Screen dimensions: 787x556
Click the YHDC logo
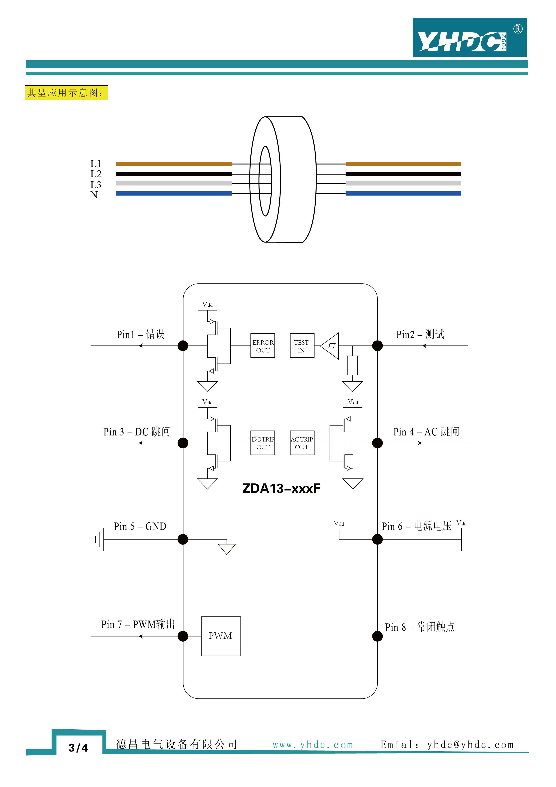coord(469,38)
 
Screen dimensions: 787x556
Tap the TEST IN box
coord(302,345)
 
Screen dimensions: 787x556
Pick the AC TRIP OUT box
coord(302,443)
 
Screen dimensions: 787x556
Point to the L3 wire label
coord(96,185)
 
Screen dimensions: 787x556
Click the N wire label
coord(94,195)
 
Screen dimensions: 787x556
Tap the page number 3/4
coord(78,748)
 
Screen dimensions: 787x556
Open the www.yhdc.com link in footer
coord(313,745)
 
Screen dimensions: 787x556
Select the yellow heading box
coord(66,93)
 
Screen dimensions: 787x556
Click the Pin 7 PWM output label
coord(138,624)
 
